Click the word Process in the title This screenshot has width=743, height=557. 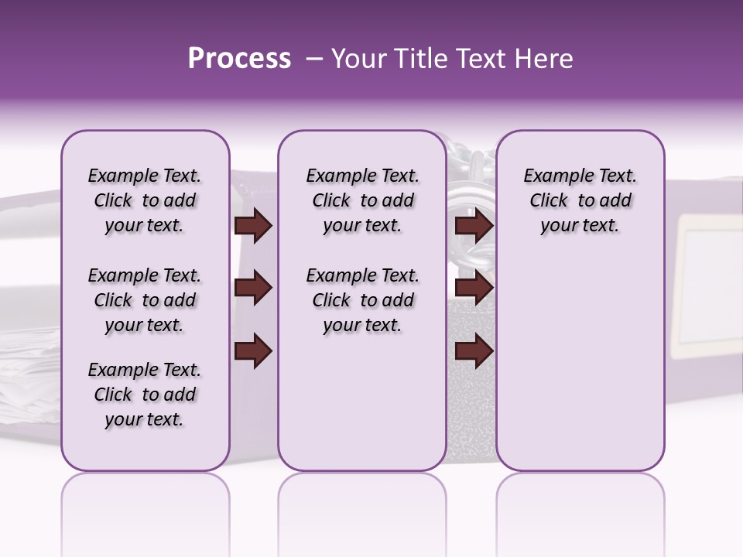click(239, 59)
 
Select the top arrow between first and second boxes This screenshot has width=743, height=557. click(253, 226)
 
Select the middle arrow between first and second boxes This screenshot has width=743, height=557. click(253, 289)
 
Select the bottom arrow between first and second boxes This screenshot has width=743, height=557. click(253, 350)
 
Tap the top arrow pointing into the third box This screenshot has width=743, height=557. click(474, 226)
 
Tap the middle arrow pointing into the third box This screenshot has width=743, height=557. click(474, 289)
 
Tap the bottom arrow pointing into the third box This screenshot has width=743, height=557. click(474, 350)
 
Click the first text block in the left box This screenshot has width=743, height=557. click(145, 200)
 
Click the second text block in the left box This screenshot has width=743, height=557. click(145, 300)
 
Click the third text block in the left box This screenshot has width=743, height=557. click(145, 395)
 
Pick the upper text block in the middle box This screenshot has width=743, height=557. click(362, 200)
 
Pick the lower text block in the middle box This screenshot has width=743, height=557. click(362, 300)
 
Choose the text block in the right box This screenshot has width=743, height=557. click(580, 200)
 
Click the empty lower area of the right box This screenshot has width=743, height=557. click(580, 371)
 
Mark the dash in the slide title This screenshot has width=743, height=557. click(313, 59)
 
